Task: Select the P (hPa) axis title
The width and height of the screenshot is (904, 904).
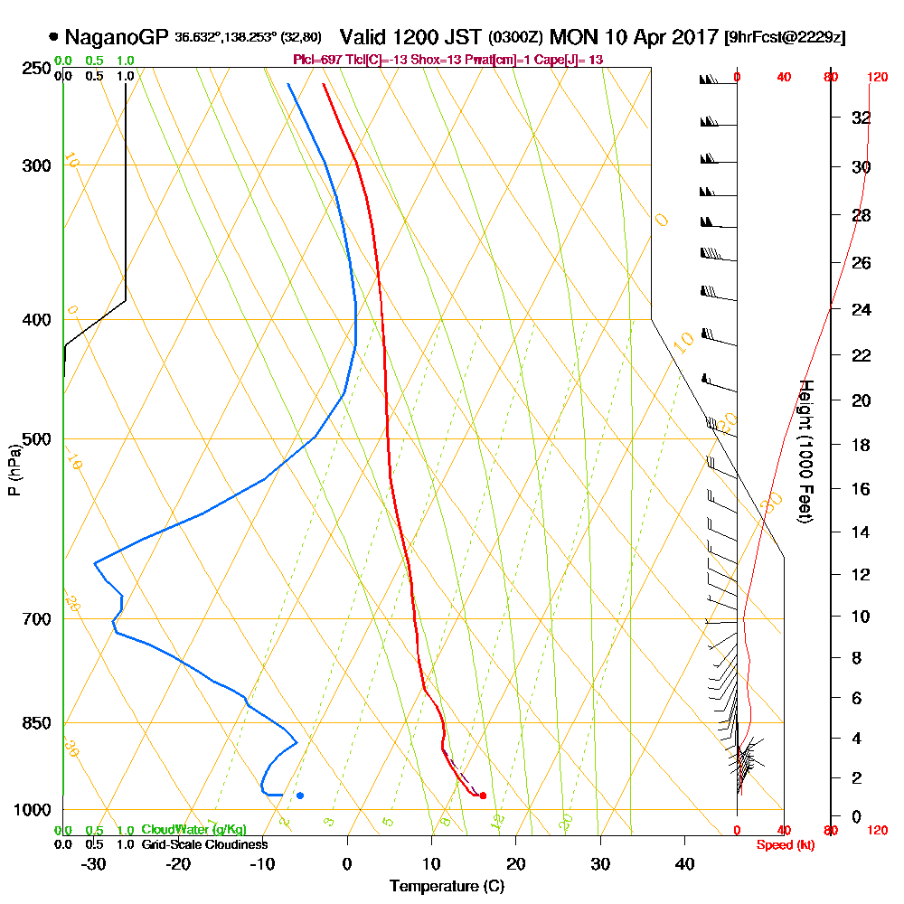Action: click(13, 470)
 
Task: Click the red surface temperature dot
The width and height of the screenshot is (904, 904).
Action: click(483, 796)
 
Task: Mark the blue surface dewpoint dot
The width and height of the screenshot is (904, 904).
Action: click(300, 796)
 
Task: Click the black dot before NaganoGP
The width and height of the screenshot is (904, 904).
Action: click(55, 37)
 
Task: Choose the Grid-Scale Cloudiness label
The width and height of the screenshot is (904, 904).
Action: click(203, 844)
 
